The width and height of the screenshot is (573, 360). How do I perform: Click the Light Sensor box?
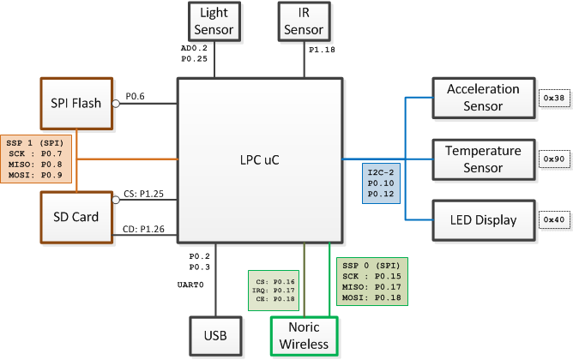(214, 21)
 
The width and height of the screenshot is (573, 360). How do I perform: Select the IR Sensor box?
(304, 21)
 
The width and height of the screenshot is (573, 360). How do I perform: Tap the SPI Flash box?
(76, 104)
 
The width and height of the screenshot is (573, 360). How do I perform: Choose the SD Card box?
(76, 217)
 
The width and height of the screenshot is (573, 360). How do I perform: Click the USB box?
(215, 336)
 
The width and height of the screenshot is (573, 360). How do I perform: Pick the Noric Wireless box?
(304, 336)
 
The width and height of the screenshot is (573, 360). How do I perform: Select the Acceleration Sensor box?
(484, 98)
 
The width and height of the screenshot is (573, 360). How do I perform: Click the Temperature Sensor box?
(484, 159)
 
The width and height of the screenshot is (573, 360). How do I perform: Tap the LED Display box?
(484, 220)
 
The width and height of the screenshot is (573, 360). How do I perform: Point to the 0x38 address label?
(554, 98)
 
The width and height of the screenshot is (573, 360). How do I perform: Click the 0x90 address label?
(554, 159)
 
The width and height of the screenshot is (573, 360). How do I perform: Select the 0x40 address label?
(554, 219)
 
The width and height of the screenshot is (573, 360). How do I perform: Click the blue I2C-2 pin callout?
(381, 183)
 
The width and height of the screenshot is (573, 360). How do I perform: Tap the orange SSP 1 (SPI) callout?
(36, 159)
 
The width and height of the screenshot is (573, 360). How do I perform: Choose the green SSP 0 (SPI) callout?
(372, 281)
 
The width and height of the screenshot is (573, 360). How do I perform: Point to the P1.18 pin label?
(322, 50)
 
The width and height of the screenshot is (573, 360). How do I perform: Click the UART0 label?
(190, 285)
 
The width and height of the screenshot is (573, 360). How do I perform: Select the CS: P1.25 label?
(143, 194)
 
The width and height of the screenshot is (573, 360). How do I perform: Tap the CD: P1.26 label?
(143, 230)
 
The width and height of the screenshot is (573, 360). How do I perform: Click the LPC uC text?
(259, 160)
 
